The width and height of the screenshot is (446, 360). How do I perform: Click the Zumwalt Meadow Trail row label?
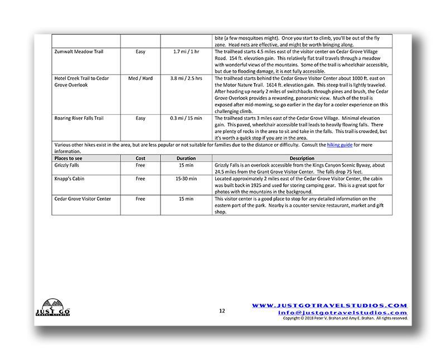(79, 52)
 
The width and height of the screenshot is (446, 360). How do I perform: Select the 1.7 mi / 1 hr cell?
(186, 52)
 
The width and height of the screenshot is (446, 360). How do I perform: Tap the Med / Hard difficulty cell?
(140, 79)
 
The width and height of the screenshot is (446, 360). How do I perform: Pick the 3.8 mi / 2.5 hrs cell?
(186, 79)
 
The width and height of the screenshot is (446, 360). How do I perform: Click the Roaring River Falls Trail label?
(80, 118)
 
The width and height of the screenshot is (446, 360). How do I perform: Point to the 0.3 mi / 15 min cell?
(186, 118)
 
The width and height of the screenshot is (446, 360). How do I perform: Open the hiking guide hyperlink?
(339, 145)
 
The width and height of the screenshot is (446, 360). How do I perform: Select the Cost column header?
(140, 158)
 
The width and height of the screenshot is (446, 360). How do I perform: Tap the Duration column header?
(186, 158)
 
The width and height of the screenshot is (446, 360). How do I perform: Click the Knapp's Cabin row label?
(71, 179)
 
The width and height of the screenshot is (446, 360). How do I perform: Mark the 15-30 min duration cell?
(186, 179)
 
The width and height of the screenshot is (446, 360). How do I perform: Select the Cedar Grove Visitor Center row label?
(83, 199)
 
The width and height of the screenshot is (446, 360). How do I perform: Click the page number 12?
(222, 310)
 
